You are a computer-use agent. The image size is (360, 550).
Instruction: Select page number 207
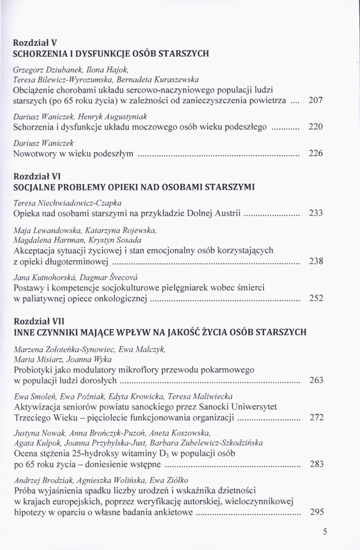[x=315, y=101]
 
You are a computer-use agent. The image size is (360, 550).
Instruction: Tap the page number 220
[x=315, y=127]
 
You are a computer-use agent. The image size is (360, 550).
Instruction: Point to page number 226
[x=315, y=153]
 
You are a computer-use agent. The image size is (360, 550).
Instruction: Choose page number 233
[x=315, y=213]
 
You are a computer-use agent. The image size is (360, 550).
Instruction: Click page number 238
[x=315, y=261]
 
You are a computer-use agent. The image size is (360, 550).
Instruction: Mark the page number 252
[x=315, y=299]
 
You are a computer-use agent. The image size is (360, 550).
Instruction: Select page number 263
[x=316, y=380]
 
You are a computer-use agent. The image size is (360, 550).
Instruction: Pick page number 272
[x=316, y=417]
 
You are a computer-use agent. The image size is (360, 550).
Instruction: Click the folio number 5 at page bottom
[x=325, y=531]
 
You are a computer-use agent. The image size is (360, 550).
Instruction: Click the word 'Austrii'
[x=227, y=213]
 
